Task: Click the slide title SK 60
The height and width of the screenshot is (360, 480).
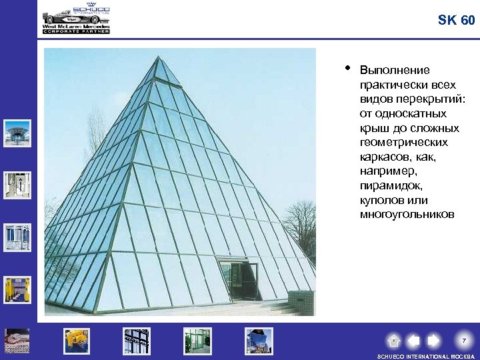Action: [x=457, y=20]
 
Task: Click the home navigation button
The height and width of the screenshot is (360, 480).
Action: [x=394, y=341]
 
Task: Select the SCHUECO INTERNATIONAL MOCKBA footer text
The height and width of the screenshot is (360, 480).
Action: [x=426, y=356]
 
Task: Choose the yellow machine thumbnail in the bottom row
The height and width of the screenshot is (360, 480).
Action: [x=77, y=341]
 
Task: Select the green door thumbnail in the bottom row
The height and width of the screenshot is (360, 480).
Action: [x=197, y=341]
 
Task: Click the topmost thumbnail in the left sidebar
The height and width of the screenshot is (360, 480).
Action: [x=17, y=133]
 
